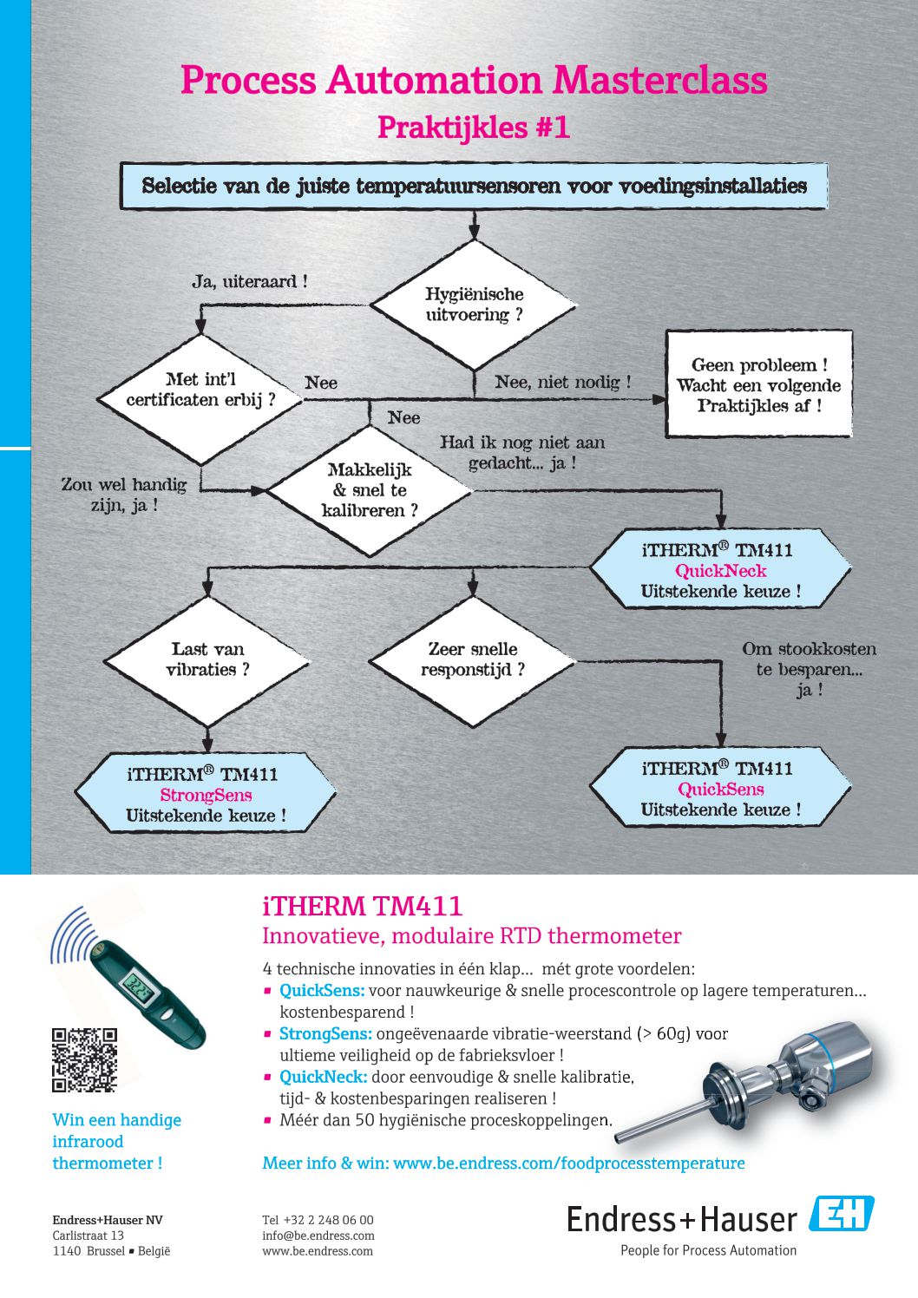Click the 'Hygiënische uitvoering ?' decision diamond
[474, 305]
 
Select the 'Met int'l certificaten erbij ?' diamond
[200, 399]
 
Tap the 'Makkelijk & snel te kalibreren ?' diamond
[370, 491]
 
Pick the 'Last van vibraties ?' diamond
[207, 661]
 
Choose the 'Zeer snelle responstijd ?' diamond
[473, 661]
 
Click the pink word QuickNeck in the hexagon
[721, 571]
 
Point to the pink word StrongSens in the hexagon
[207, 795]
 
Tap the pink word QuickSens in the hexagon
[721, 790]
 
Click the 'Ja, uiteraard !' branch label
[250, 282]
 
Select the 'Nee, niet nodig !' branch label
[563, 383]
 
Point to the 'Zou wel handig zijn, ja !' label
[124, 495]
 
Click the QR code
[85, 1060]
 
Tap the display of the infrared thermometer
[139, 984]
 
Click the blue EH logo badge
[841, 1213]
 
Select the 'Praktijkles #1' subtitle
[474, 128]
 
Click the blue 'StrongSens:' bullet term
[325, 1033]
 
